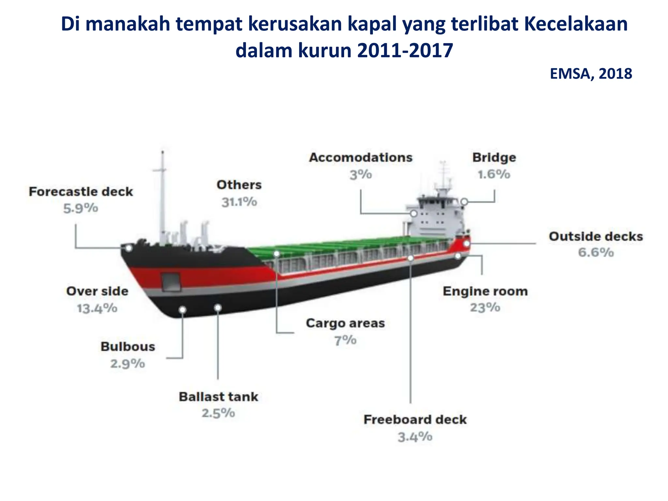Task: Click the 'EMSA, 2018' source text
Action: coord(591,74)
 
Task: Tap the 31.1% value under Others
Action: coord(239,202)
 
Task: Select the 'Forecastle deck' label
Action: coord(81,192)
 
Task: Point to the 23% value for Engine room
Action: coord(485,308)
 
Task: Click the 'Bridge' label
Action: coord(494,158)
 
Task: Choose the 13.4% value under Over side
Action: coord(97,308)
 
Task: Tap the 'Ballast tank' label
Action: coord(219,397)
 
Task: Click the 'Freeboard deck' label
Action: coord(415,420)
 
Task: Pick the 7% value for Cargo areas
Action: coord(345,341)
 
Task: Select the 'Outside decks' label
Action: coord(596,236)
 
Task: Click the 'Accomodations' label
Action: coord(361,158)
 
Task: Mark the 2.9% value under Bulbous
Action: coord(128,364)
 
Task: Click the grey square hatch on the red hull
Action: coord(171,281)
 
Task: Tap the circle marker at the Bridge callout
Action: coord(464,202)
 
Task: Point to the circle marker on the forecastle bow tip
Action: coord(129,248)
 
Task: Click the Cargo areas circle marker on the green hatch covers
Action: coord(277,253)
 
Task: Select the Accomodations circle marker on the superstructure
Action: coord(414,214)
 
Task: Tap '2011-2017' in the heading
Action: coord(405,51)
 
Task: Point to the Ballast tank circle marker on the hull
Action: coord(218,308)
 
